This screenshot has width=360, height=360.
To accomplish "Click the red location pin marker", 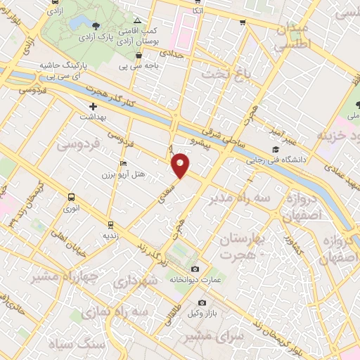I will [181, 165].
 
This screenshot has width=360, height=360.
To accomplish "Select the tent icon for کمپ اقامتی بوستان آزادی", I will [138, 21].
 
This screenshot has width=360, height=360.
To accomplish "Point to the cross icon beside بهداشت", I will [93, 106].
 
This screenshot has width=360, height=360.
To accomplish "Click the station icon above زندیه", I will [110, 225].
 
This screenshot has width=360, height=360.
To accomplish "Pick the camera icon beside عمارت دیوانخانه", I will [195, 269].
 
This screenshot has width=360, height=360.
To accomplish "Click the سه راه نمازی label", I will [115, 311].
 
